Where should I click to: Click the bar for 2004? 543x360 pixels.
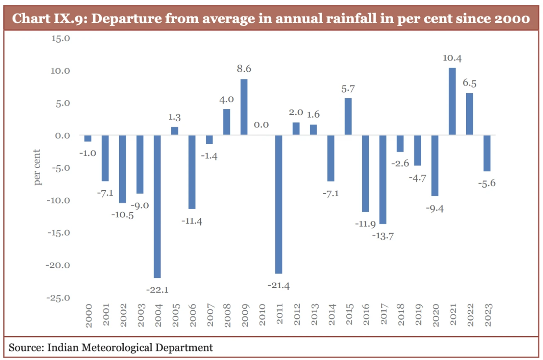tap(157, 206)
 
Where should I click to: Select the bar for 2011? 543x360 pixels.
tap(278, 204)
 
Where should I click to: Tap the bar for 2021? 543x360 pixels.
tap(452, 101)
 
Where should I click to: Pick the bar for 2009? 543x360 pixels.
tap(244, 107)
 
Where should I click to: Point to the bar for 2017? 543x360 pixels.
tap(382, 179)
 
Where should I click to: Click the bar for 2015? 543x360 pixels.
tap(348, 116)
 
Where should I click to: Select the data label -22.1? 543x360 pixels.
tap(157, 290)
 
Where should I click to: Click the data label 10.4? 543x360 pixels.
tap(452, 58)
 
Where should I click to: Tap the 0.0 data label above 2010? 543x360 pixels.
tap(261, 125)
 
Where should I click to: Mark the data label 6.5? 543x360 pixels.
tap(469, 83)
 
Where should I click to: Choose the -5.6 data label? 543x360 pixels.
tap(486, 183)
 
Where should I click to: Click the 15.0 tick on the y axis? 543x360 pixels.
tap(61, 38)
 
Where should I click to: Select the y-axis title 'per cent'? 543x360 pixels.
tap(38, 168)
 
